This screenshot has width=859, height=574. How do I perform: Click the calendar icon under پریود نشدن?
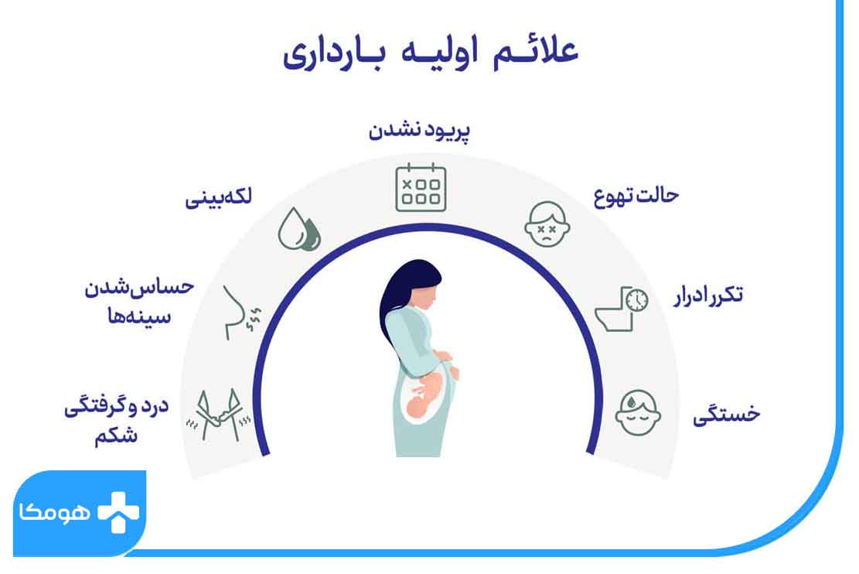point(421,187)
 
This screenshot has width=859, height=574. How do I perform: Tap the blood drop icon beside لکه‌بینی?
point(299,229)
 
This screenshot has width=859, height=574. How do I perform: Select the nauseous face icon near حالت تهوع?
point(547,224)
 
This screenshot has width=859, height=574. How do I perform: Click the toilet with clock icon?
point(622,309)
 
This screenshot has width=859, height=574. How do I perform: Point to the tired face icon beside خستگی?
point(638,412)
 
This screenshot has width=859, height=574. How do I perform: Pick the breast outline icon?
point(241,313)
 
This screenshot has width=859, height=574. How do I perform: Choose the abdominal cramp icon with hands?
point(219,415)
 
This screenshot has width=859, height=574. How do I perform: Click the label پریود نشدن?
point(419,131)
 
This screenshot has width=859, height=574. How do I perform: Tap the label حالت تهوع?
point(636,196)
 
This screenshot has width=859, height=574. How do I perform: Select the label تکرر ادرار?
point(708,296)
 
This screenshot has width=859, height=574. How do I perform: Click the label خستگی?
point(727,413)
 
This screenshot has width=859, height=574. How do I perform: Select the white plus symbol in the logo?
point(118,512)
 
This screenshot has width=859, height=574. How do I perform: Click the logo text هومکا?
point(54,513)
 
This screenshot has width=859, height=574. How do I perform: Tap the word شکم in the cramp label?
point(116,436)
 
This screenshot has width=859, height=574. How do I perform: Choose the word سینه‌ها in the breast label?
point(139,316)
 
